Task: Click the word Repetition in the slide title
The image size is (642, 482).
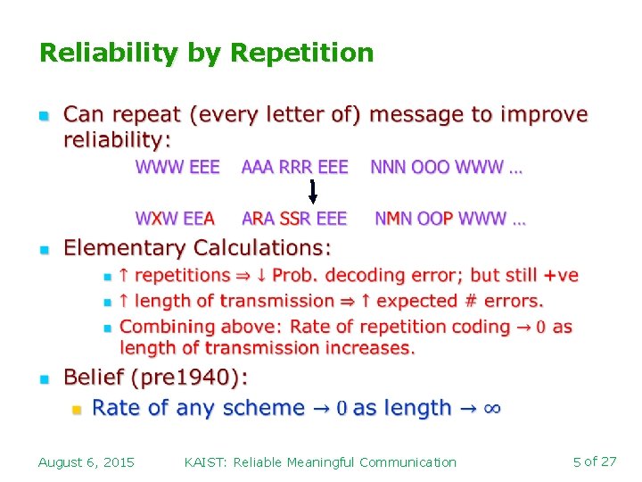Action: (x=301, y=53)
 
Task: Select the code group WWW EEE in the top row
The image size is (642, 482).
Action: (x=177, y=168)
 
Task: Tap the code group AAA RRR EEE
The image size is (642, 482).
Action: (x=295, y=168)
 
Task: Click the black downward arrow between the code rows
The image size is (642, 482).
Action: (x=313, y=192)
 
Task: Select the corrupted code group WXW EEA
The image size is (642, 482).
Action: (x=175, y=219)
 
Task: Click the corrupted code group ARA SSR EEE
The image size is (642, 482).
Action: (x=295, y=219)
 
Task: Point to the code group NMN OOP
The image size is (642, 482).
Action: (x=414, y=219)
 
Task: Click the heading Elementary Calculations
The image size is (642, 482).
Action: (x=197, y=247)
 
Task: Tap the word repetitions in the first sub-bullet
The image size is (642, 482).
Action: (x=182, y=276)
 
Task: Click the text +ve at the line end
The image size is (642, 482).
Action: (x=561, y=276)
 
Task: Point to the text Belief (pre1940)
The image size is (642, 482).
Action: (x=155, y=378)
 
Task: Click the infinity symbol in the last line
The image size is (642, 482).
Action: (x=491, y=409)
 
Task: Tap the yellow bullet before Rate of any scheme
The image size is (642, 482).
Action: (x=77, y=410)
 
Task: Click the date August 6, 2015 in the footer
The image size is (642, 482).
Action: (x=86, y=462)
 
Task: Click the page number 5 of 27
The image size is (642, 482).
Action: (x=595, y=461)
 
